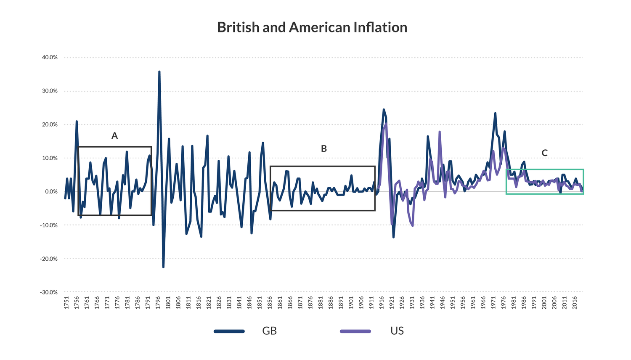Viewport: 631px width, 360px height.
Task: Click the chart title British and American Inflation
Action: click(312, 27)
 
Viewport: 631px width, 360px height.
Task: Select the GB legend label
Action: click(269, 331)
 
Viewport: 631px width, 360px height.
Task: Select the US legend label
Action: click(397, 331)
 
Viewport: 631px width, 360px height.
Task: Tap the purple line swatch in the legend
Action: click(355, 331)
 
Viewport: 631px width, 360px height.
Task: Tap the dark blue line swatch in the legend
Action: click(229, 331)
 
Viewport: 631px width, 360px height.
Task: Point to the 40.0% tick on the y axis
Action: click(50, 57)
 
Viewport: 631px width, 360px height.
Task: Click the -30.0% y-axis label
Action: click(49, 292)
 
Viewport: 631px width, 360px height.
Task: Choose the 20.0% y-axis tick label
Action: click(50, 124)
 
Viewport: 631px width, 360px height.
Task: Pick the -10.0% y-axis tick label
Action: click(49, 225)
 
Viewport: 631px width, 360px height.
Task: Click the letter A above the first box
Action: click(114, 136)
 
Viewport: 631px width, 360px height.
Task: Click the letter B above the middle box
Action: click(323, 148)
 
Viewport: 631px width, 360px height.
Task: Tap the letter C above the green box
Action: click(544, 153)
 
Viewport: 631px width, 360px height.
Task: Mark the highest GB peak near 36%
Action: click(159, 72)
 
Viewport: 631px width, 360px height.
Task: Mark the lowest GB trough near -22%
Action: click(163, 267)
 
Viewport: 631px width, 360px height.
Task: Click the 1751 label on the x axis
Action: click(66, 303)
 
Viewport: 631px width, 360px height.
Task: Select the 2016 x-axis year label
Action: click(575, 303)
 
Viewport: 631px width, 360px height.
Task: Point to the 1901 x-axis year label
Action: click(351, 303)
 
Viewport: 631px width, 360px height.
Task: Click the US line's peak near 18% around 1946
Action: click(440, 132)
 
